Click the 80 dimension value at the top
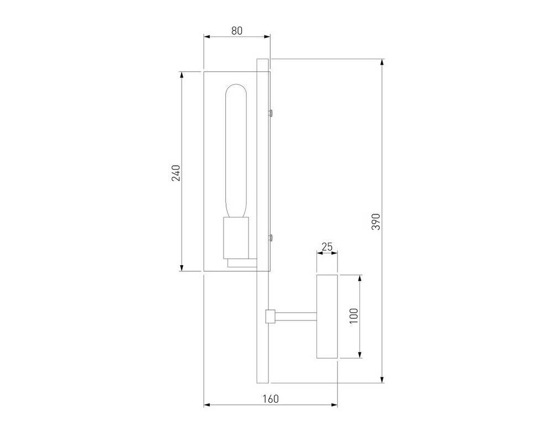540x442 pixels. point(236,30)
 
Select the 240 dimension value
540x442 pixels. point(176,173)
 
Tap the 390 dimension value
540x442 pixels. point(377,222)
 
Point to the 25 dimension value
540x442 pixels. point(327,246)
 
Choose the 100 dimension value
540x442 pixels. point(354,316)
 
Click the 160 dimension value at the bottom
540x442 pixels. point(271,399)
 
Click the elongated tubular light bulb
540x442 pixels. point(236,150)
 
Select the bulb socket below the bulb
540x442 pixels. point(236,238)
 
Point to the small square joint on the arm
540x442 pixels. point(270,316)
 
